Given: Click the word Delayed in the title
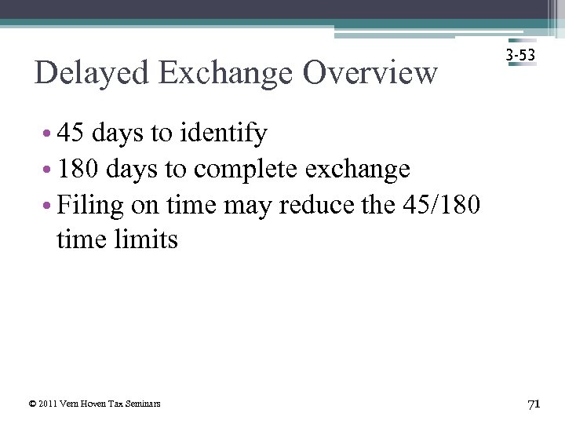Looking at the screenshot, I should [91, 73].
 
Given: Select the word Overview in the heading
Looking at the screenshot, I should [370, 73].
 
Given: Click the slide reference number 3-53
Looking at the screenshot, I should [521, 56].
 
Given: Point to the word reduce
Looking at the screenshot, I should [312, 204].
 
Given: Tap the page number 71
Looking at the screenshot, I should [534, 404].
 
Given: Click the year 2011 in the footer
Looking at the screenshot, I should [47, 404].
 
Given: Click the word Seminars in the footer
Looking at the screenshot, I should [144, 404].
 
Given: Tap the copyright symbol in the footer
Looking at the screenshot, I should [31, 404].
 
